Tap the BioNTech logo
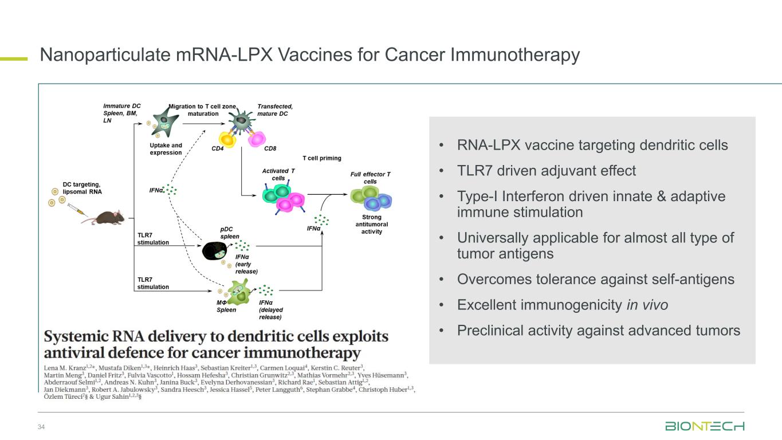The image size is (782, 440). [x=705, y=427]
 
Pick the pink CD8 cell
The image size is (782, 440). [x=257, y=139]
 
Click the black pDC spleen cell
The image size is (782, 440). [x=217, y=250]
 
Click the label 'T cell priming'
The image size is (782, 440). [x=321, y=158]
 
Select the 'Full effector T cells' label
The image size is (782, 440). [x=370, y=178]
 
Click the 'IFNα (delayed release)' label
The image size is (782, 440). [x=270, y=309]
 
